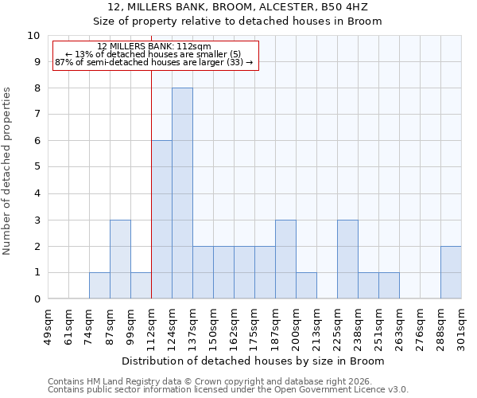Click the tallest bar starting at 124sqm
(182, 193)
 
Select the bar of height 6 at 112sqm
(161, 220)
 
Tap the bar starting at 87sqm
(120, 259)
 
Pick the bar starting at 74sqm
(99, 286)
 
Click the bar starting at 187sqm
(285, 259)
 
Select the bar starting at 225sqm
(347, 259)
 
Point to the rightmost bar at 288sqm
(451, 272)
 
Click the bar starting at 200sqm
(306, 286)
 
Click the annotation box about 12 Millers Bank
(156, 54)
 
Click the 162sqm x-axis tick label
(234, 325)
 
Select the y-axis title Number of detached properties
(8, 171)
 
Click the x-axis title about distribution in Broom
(254, 361)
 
